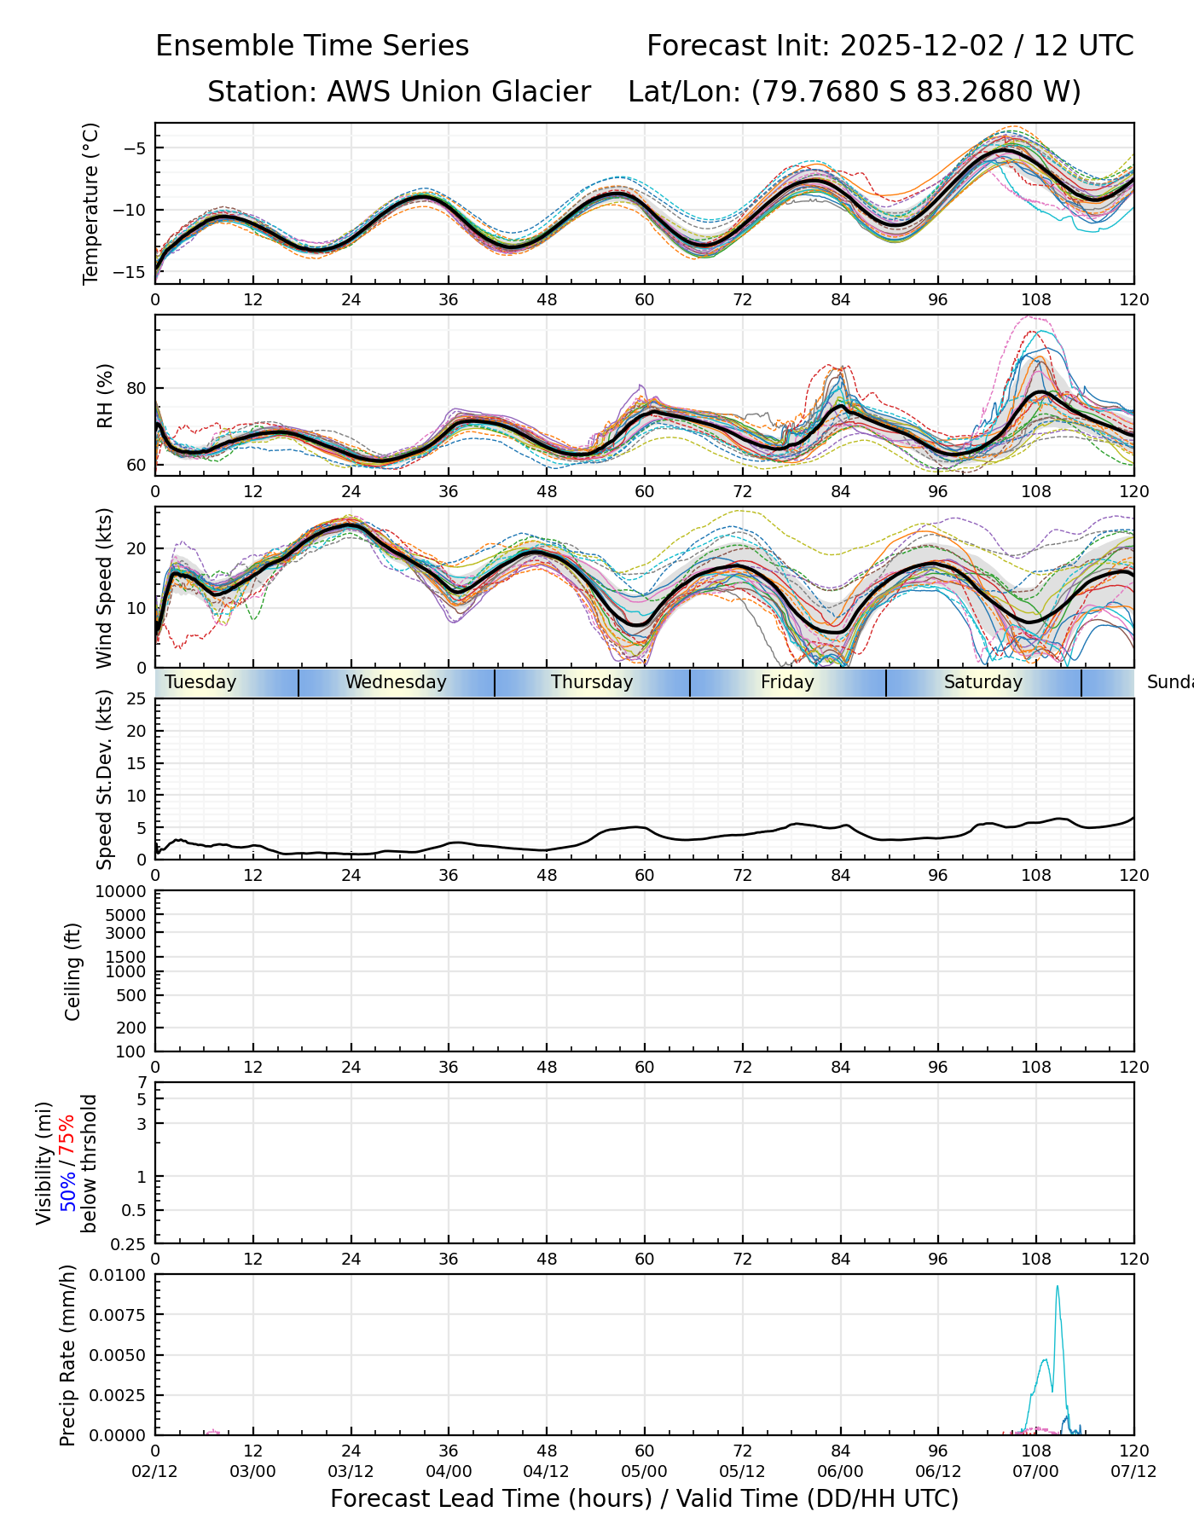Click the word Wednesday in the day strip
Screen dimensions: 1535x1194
pyautogui.click(x=396, y=682)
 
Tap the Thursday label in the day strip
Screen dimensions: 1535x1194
pyautogui.click(x=592, y=682)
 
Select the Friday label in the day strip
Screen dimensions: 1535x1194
pyautogui.click(x=787, y=682)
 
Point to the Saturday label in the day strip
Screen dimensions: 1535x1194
pyautogui.click(x=982, y=682)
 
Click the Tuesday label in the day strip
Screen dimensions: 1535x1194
pyautogui.click(x=200, y=682)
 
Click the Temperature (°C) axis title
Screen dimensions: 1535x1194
pyautogui.click(x=91, y=203)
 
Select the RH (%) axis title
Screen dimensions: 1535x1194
pyautogui.click(x=105, y=396)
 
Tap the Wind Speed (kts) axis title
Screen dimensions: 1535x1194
pyautogui.click(x=105, y=588)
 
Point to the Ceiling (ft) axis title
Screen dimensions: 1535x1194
pyautogui.click(x=73, y=971)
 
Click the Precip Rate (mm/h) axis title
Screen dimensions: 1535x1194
pyautogui.click(x=68, y=1355)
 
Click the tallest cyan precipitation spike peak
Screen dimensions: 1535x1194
pyautogui.click(x=1058, y=1287)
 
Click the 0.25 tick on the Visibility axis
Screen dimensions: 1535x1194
pyautogui.click(x=130, y=1243)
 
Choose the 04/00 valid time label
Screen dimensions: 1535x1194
pyautogui.click(x=449, y=1472)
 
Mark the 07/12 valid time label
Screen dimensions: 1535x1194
pyautogui.click(x=1133, y=1472)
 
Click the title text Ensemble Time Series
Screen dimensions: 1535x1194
pyautogui.click(x=312, y=46)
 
